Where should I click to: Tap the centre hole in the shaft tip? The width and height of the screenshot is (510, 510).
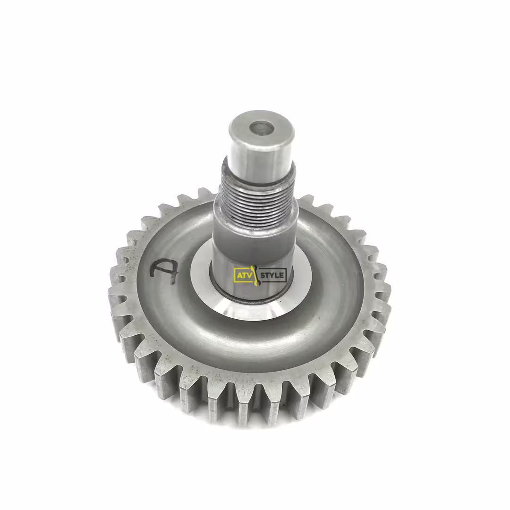[x=262, y=128]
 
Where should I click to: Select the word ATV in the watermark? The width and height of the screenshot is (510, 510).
[x=243, y=275]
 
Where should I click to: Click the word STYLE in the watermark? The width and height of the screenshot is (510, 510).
[x=272, y=275]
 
